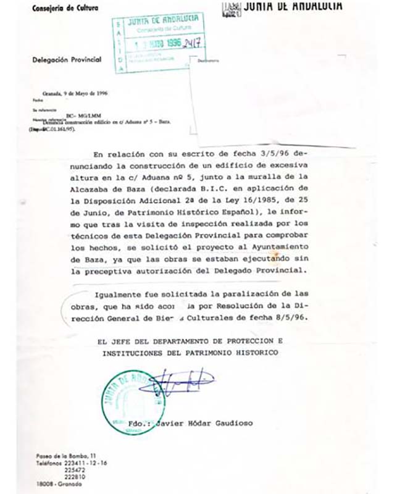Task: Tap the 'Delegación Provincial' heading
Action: pyautogui.click(x=62, y=60)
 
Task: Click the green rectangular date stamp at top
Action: pyautogui.click(x=159, y=41)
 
